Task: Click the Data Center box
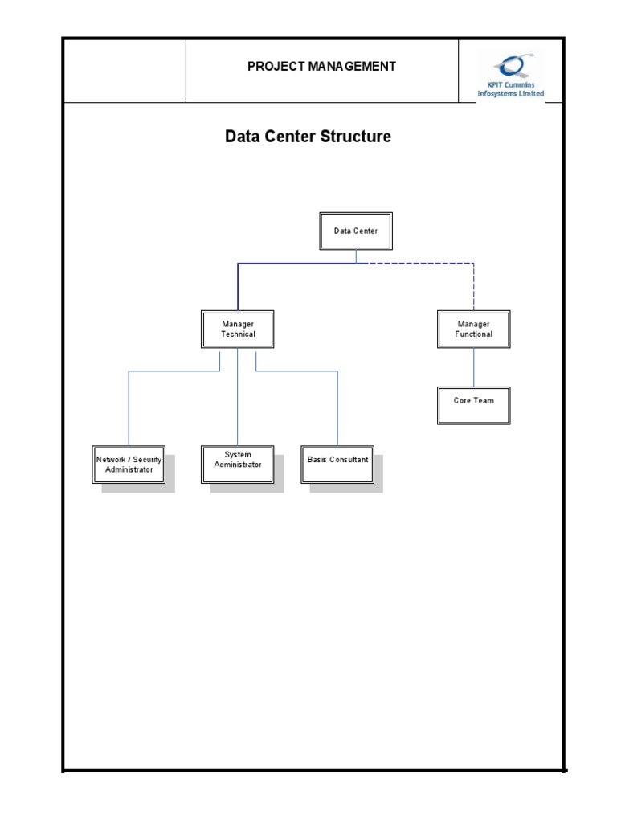pyautogui.click(x=355, y=231)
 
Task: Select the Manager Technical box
pyautogui.click(x=237, y=329)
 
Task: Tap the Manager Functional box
pyautogui.click(x=473, y=329)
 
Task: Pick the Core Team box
pyautogui.click(x=473, y=405)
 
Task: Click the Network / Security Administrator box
pyautogui.click(x=129, y=465)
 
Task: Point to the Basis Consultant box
pyautogui.click(x=337, y=465)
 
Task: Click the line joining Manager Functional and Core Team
pyautogui.click(x=473, y=367)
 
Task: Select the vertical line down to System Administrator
pyautogui.click(x=237, y=402)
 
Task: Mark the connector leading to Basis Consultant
pyautogui.click(x=337, y=410)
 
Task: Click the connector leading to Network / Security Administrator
pyautogui.click(x=129, y=410)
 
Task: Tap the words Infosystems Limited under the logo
pyautogui.click(x=511, y=94)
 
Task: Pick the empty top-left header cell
pyautogui.click(x=125, y=70)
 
